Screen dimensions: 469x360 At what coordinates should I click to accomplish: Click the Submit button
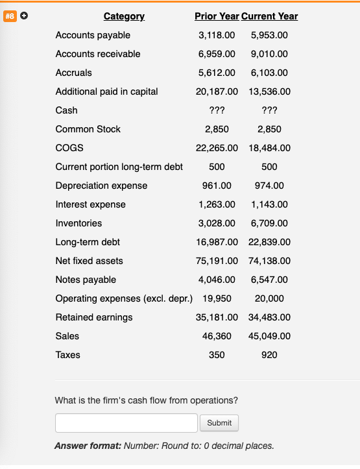219,423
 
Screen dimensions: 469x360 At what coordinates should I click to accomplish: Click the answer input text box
126,423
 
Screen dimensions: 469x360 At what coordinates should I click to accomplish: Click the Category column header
124,16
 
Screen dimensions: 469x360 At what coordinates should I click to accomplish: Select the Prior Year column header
217,16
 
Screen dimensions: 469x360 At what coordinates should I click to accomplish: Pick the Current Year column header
270,16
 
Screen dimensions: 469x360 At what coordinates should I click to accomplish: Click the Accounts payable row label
93,35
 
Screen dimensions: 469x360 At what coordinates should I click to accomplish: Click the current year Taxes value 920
269,355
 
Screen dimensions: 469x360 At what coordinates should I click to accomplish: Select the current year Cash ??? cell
269,110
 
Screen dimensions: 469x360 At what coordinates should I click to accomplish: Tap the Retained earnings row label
94,317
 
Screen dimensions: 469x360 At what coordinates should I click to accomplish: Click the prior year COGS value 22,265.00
217,148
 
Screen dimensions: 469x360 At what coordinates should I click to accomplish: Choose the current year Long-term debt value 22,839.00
269,242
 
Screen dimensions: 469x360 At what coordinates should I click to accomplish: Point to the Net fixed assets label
90,261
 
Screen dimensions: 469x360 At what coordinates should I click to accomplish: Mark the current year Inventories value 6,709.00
269,223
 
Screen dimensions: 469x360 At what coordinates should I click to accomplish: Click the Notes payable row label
86,280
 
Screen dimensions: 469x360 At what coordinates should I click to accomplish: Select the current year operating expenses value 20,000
269,298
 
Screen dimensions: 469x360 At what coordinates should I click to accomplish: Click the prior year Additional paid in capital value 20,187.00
217,91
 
